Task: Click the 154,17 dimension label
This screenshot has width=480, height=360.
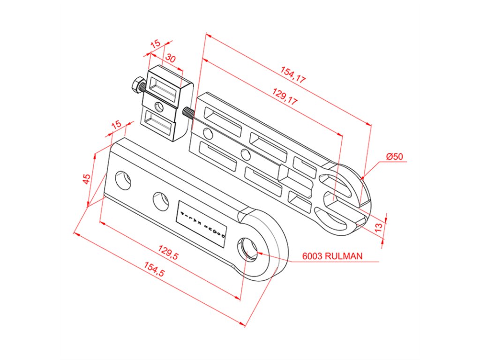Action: (293, 75)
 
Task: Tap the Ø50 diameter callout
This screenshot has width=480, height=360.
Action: (395, 157)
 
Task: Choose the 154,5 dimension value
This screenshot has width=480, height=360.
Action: (154, 271)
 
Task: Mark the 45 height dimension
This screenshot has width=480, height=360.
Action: (87, 179)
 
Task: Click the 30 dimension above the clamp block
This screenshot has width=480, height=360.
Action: (171, 59)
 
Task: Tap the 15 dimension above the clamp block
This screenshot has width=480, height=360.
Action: (155, 44)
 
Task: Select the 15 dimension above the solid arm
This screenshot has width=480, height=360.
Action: (116, 125)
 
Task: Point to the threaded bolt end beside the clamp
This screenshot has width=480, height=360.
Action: (188, 113)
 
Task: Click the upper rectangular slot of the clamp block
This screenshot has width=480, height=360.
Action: (164, 90)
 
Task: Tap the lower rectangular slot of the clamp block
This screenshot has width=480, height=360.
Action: (159, 122)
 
